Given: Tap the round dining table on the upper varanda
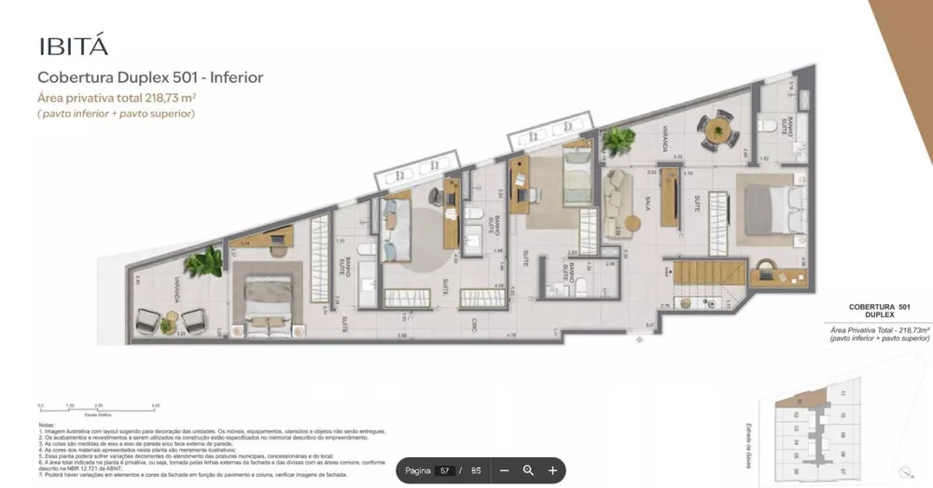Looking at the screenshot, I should (717, 128).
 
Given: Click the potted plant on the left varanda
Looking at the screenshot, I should (201, 261).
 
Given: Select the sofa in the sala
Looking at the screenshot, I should (620, 197).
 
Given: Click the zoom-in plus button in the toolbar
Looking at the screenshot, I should (552, 471).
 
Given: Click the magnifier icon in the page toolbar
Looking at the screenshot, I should (528, 471).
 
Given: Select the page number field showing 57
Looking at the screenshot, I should (445, 471).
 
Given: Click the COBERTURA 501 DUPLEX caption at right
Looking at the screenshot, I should (878, 312).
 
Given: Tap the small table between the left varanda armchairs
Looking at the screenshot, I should (167, 326).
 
